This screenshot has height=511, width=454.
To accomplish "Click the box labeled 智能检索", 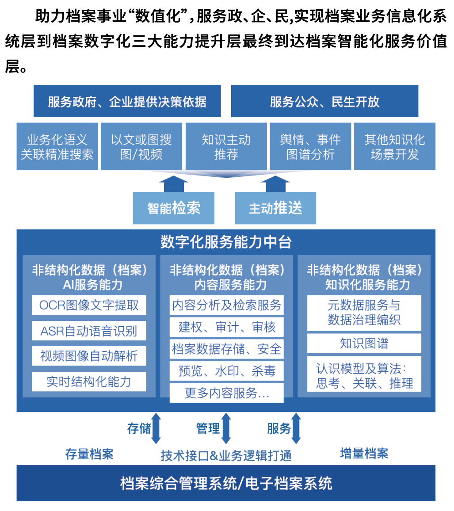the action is tap(173, 208).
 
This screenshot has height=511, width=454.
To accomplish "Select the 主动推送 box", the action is tap(275, 208).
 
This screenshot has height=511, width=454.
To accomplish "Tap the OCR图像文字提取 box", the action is tap(89, 305).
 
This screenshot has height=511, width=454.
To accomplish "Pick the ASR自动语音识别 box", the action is tap(89, 331).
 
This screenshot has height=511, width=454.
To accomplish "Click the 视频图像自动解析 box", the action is tap(89, 356).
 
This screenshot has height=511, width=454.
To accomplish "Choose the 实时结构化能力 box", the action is tap(89, 381).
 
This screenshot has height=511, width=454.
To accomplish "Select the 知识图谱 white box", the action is tap(364, 343).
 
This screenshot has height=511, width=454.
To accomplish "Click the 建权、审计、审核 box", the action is tap(226, 327).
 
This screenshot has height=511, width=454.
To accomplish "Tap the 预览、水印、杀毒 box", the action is tap(226, 371).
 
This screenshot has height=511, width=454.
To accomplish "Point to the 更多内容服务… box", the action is tap(226, 393).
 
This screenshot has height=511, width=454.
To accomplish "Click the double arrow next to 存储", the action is tap(156, 428).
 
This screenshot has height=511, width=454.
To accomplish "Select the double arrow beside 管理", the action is tap(226, 428).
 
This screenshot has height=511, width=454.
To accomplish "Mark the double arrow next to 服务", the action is tap(296, 428).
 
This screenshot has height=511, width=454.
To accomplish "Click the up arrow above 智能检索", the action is tap(174, 184).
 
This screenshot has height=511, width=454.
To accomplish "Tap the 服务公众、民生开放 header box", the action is tap(324, 101).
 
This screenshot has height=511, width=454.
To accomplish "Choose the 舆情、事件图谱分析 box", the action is tap(310, 146).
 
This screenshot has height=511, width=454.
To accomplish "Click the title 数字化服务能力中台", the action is tap(226, 242).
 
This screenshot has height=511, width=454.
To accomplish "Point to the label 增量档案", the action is tap(364, 454).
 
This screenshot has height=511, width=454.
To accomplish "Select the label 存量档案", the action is tap(89, 454).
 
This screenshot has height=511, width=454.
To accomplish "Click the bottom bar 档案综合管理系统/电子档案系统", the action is tap(226, 483).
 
